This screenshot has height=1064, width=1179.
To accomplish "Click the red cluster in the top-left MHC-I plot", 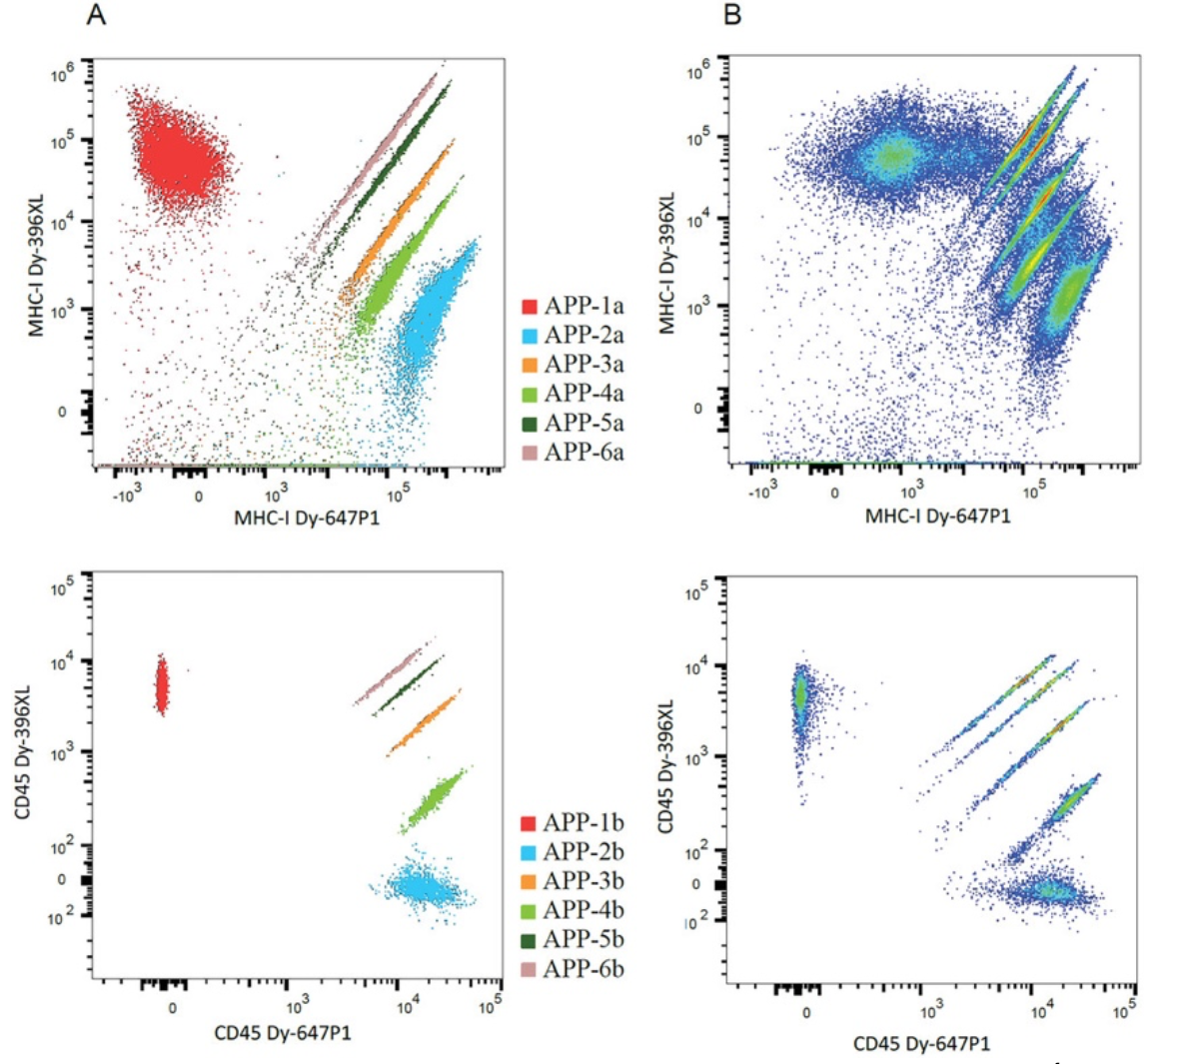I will click(175, 155).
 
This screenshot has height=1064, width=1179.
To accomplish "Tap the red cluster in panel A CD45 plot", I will click(161, 685).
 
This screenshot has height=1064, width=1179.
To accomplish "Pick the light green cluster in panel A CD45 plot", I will click(433, 798).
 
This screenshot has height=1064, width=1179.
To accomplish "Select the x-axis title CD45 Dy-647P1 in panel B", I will click(921, 1044).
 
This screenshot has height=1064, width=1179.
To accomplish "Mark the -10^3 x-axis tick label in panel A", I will click(128, 497).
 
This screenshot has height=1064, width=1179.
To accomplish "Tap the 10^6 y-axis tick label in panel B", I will click(698, 71).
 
